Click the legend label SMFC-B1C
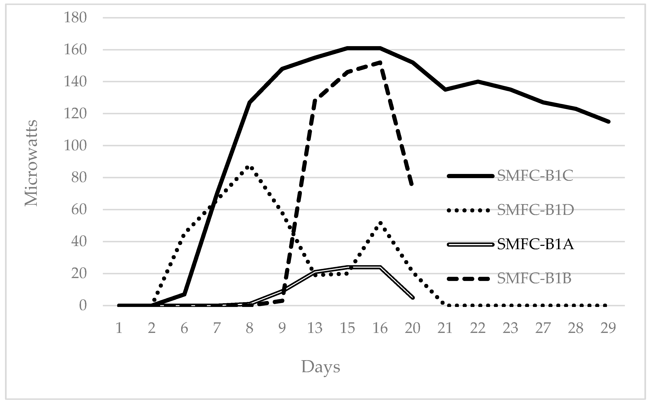click(x=535, y=176)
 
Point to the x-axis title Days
click(x=321, y=367)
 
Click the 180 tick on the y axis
click(x=75, y=18)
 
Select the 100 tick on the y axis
click(x=75, y=146)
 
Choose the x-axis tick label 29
click(x=608, y=328)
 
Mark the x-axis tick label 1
click(x=119, y=328)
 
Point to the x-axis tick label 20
click(x=413, y=328)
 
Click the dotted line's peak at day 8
click(x=249, y=167)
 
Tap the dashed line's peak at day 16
click(x=380, y=63)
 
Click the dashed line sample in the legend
click(x=469, y=279)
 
